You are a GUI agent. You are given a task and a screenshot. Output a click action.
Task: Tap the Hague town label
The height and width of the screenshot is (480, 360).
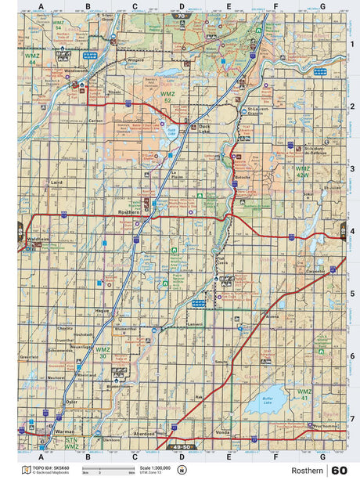point(101,311)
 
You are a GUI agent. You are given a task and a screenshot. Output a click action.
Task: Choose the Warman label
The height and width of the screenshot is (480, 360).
point(51,431)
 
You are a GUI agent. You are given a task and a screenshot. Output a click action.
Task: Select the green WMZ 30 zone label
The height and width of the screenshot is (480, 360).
point(103,352)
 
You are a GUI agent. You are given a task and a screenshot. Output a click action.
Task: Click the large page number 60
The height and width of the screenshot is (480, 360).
point(340,470)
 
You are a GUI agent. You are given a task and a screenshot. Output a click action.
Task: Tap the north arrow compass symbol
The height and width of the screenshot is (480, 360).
point(182,470)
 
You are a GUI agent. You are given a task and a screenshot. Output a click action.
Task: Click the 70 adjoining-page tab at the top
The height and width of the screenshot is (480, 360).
point(183,15)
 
